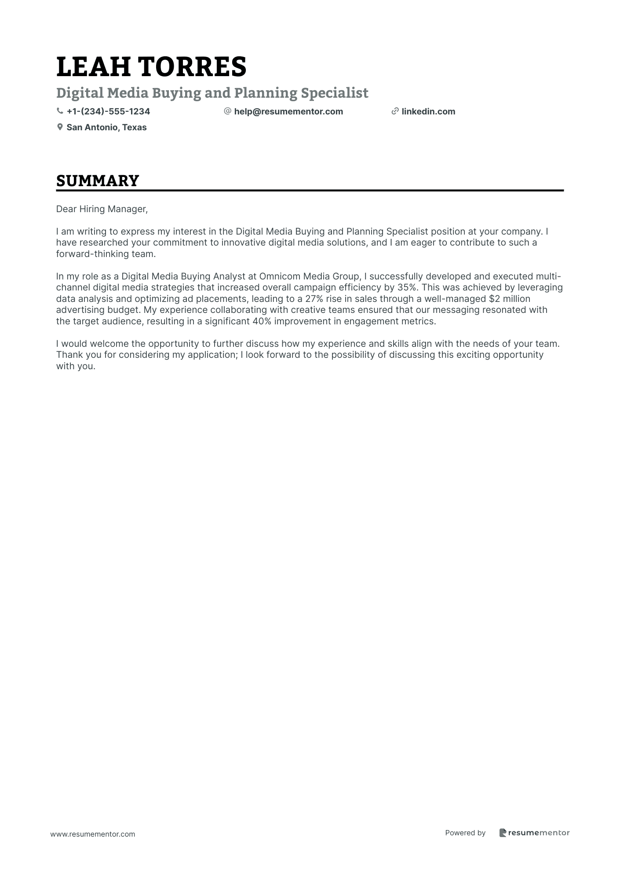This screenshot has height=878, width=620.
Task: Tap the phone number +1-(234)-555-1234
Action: [108, 111]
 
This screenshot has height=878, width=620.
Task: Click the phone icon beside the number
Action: [60, 111]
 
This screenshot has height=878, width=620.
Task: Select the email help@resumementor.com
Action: [288, 111]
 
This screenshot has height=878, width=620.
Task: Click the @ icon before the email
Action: [227, 111]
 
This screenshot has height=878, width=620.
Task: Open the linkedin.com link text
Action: [428, 111]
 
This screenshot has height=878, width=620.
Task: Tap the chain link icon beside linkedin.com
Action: [395, 111]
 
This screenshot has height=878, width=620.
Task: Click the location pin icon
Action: [60, 127]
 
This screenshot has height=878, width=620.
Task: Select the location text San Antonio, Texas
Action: [106, 127]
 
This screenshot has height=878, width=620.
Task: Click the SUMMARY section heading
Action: [98, 181]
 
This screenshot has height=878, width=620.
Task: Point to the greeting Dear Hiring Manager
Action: [102, 209]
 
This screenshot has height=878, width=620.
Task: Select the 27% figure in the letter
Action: [314, 299]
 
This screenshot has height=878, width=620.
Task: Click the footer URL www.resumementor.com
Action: [93, 834]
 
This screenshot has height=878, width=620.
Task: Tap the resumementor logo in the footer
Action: [534, 833]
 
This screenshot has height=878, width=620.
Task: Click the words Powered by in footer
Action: [465, 833]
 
